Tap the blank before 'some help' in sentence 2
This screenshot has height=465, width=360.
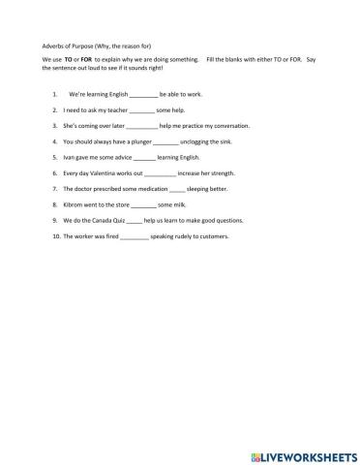click(x=141, y=110)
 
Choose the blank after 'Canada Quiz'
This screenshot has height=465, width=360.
click(x=138, y=219)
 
